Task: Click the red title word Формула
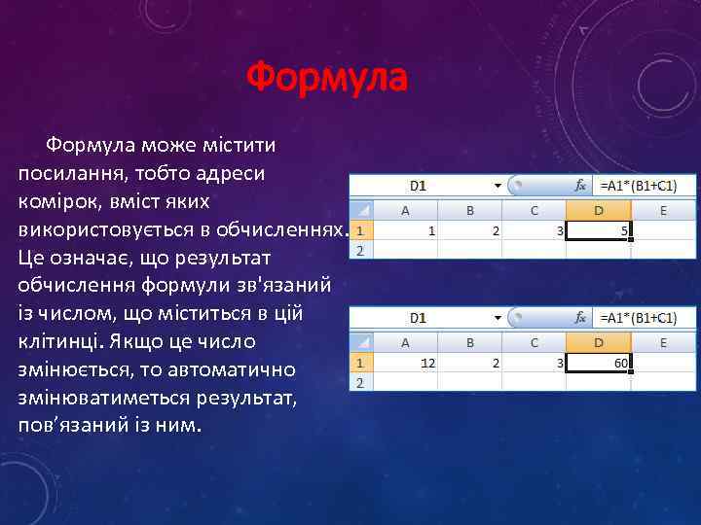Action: tap(326, 77)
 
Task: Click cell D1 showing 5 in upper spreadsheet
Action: tap(599, 231)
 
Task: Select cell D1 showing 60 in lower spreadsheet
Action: tap(599, 363)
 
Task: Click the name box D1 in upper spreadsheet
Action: tap(419, 185)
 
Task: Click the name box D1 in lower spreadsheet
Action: tap(419, 317)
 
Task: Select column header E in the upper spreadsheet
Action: tap(664, 210)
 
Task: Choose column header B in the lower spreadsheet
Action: tap(470, 342)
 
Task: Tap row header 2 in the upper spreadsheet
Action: tap(360, 251)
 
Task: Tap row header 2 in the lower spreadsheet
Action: tap(360, 383)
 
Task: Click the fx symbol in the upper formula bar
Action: tap(580, 185)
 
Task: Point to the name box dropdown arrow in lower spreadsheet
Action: tap(498, 317)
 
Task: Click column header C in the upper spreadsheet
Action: tap(535, 210)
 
